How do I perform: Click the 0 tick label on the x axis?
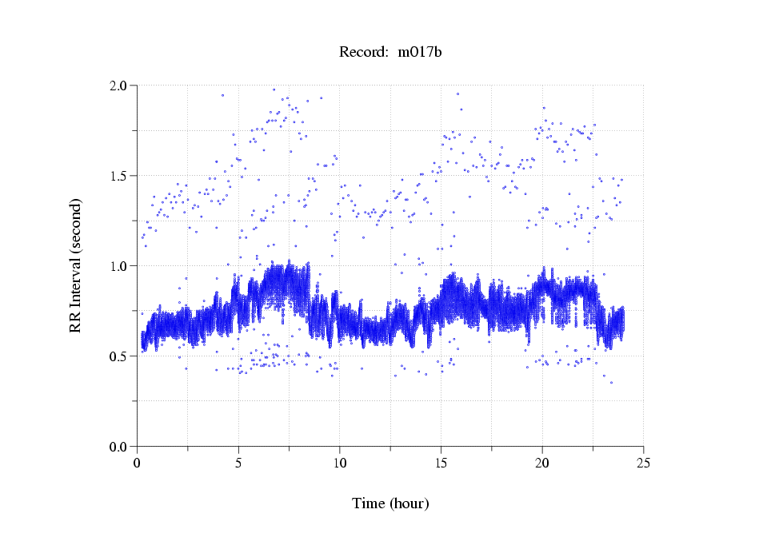(138, 462)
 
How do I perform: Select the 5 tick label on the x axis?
(238, 462)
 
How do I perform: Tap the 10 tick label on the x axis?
(340, 462)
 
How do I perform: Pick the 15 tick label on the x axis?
(441, 462)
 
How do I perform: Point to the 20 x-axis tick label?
(542, 462)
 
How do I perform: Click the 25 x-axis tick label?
(643, 462)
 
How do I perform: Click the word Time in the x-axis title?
(369, 503)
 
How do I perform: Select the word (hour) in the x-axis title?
(409, 503)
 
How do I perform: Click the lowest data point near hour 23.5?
(612, 383)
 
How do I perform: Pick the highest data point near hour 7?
(274, 90)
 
